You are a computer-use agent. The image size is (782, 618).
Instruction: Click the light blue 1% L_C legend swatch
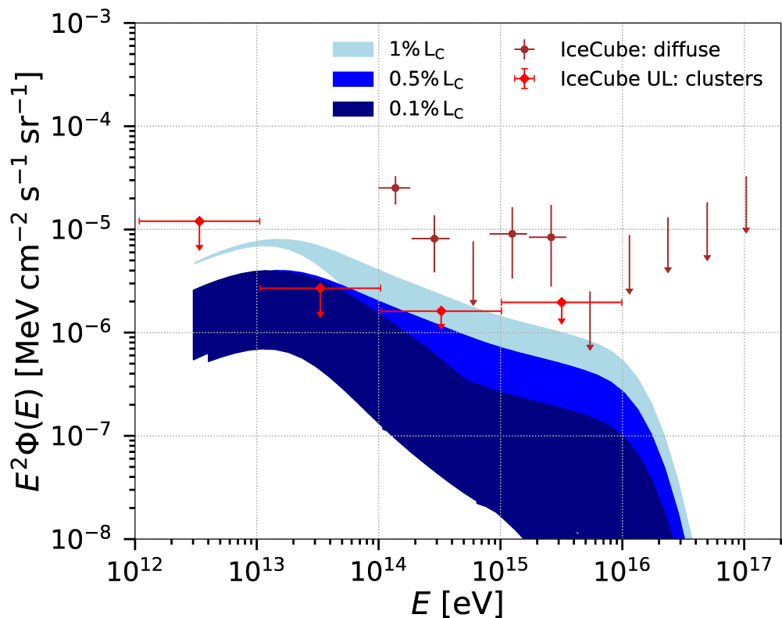click(355, 50)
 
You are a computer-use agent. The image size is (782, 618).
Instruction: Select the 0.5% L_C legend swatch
click(355, 80)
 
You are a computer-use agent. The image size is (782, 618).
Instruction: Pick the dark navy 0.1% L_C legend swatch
click(355, 110)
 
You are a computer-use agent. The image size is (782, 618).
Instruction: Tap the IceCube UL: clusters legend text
click(661, 79)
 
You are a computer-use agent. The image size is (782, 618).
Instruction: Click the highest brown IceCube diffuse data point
click(395, 188)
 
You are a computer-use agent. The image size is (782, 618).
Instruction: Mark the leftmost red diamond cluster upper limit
click(199, 221)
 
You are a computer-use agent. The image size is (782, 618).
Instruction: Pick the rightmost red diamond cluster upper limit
click(562, 302)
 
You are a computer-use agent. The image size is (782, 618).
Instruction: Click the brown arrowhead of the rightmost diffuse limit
click(746, 229)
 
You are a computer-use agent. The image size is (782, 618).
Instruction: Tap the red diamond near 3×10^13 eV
click(320, 288)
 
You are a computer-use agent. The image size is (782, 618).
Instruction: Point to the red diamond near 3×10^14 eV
click(441, 311)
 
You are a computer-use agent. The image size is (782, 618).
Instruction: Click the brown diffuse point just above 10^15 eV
click(512, 234)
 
